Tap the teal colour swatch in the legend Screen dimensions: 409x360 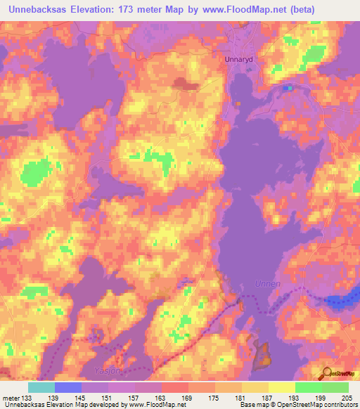pos(41,387)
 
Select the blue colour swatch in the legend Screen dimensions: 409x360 pos(68,387)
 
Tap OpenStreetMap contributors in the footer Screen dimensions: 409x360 pos(320,405)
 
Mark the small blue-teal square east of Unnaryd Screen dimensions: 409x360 pos(288,89)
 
